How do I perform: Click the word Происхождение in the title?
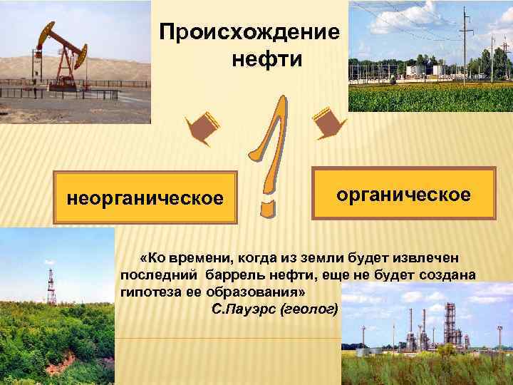[x=249, y=32]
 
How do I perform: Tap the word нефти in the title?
[x=267, y=57]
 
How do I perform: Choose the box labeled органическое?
[x=404, y=193]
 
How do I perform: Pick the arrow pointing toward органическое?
[x=328, y=121]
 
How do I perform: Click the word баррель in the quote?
[x=231, y=275]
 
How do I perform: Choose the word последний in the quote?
[x=160, y=275]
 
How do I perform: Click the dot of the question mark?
[x=266, y=207]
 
